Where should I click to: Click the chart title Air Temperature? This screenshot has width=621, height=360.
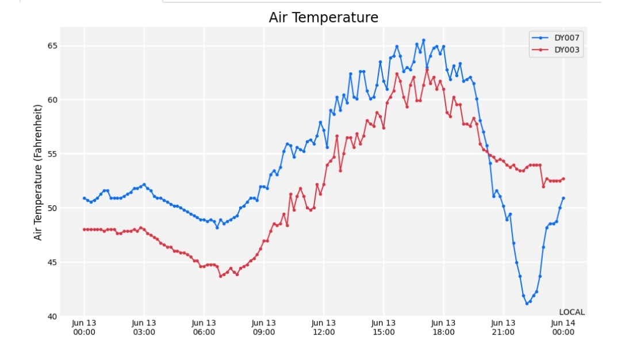(x=323, y=17)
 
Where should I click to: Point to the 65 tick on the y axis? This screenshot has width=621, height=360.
(x=52, y=45)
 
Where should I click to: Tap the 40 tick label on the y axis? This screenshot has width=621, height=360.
(x=52, y=316)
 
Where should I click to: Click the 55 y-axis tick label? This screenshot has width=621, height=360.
(x=52, y=154)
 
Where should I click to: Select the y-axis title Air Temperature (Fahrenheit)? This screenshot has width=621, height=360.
(x=37, y=173)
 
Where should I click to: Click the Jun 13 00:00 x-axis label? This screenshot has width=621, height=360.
(x=84, y=328)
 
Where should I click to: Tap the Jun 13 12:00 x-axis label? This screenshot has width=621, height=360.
(x=324, y=328)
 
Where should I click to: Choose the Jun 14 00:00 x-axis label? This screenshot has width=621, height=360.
(x=563, y=328)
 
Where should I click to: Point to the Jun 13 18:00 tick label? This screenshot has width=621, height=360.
(x=443, y=328)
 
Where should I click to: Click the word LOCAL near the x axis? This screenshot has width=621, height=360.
(x=572, y=312)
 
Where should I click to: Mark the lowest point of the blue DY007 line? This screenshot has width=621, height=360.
(x=527, y=304)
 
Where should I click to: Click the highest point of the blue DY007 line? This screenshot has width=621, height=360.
(x=423, y=40)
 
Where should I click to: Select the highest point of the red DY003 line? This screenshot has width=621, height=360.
(x=427, y=70)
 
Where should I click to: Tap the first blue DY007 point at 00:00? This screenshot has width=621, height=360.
(x=84, y=198)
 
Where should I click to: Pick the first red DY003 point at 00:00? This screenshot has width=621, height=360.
(x=84, y=229)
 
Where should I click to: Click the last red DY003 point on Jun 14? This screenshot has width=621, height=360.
(x=563, y=179)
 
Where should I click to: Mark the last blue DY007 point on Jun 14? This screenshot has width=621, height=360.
(x=563, y=198)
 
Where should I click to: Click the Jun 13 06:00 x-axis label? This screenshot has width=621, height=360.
(x=204, y=328)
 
